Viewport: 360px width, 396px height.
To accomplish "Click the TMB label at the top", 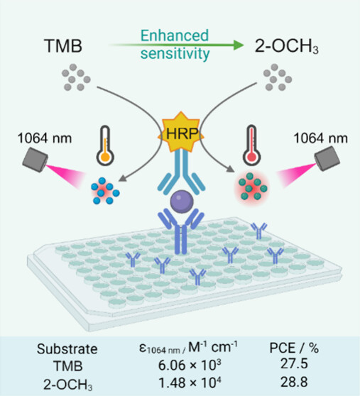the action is (63, 46).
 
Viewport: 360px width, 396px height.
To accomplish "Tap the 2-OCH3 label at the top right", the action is (286, 47).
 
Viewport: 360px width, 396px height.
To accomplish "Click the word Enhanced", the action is (175, 35).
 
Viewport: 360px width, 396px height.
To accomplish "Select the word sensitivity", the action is (175, 54).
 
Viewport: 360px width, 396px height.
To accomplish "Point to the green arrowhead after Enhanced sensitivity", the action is (239, 45).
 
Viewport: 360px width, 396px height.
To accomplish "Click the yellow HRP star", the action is (181, 132).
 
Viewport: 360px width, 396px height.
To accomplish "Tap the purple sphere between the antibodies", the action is (182, 202).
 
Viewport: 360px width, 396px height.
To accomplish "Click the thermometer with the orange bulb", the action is (105, 145).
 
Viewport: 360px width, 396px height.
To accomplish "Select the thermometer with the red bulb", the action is (251, 145).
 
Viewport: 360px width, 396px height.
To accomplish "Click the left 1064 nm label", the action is (45, 138).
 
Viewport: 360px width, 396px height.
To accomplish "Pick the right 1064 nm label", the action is (320, 138).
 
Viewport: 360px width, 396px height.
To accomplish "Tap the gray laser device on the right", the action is (327, 158).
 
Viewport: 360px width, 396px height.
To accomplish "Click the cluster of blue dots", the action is (105, 191).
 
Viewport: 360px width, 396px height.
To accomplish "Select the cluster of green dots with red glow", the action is (251, 187).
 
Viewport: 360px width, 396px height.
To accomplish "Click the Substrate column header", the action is (67, 349).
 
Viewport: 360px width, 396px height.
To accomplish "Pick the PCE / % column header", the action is (294, 348).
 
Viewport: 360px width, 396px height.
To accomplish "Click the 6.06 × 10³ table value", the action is (190, 365).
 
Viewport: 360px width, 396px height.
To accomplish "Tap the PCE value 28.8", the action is (294, 382).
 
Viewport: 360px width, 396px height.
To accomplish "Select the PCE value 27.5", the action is (294, 363).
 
